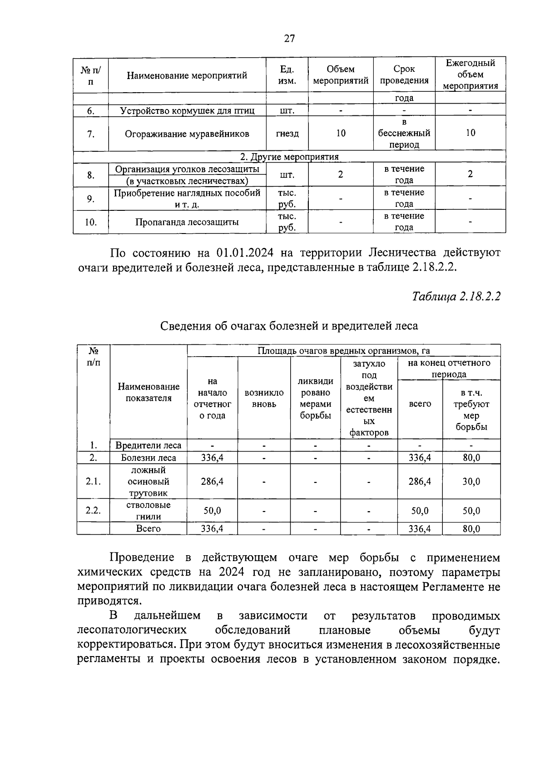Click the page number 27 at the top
[289, 39]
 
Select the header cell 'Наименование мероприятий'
[187, 75]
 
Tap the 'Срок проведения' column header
[404, 75]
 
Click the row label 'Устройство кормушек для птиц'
[187, 110]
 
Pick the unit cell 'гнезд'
[287, 134]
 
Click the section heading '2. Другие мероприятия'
[289, 157]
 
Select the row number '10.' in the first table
[90, 222]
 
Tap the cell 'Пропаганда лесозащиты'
[187, 222]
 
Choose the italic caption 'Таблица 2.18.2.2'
[456, 297]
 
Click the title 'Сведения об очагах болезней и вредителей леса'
[289, 326]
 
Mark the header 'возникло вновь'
[264, 398]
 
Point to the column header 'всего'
[420, 404]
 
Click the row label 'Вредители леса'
[149, 446]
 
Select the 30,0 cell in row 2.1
[471, 482]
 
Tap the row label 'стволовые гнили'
[149, 511]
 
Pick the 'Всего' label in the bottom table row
[149, 529]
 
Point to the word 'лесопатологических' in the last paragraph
[132, 631]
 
